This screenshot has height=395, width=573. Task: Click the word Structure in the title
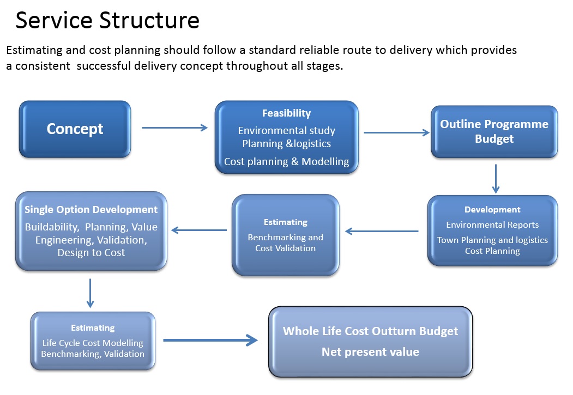click(x=149, y=20)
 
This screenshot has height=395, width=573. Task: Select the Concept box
click(x=75, y=129)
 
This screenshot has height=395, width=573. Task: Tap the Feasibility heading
click(x=287, y=113)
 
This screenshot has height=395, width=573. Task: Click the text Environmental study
click(x=287, y=130)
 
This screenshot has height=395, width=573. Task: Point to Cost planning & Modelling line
click(x=287, y=161)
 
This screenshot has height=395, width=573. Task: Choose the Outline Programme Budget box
click(x=494, y=132)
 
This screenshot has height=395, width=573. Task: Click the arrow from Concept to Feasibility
click(x=174, y=128)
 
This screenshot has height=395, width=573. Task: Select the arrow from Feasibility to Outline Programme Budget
click(x=396, y=132)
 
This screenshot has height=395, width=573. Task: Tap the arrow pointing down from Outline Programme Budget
click(x=496, y=179)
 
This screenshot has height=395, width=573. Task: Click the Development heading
click(x=492, y=210)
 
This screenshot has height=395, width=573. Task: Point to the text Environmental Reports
click(x=492, y=225)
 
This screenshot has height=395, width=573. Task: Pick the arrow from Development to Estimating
click(x=382, y=231)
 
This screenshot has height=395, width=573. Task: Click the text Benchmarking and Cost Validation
click(x=285, y=243)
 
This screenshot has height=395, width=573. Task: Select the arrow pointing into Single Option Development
click(x=199, y=230)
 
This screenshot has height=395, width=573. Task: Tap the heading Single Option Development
click(x=91, y=210)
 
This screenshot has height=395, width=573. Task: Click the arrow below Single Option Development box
click(x=91, y=293)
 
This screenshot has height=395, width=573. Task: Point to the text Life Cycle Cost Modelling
click(x=93, y=343)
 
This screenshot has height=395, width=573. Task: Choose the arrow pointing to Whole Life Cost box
click(x=210, y=340)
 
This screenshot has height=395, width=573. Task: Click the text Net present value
click(x=370, y=351)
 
